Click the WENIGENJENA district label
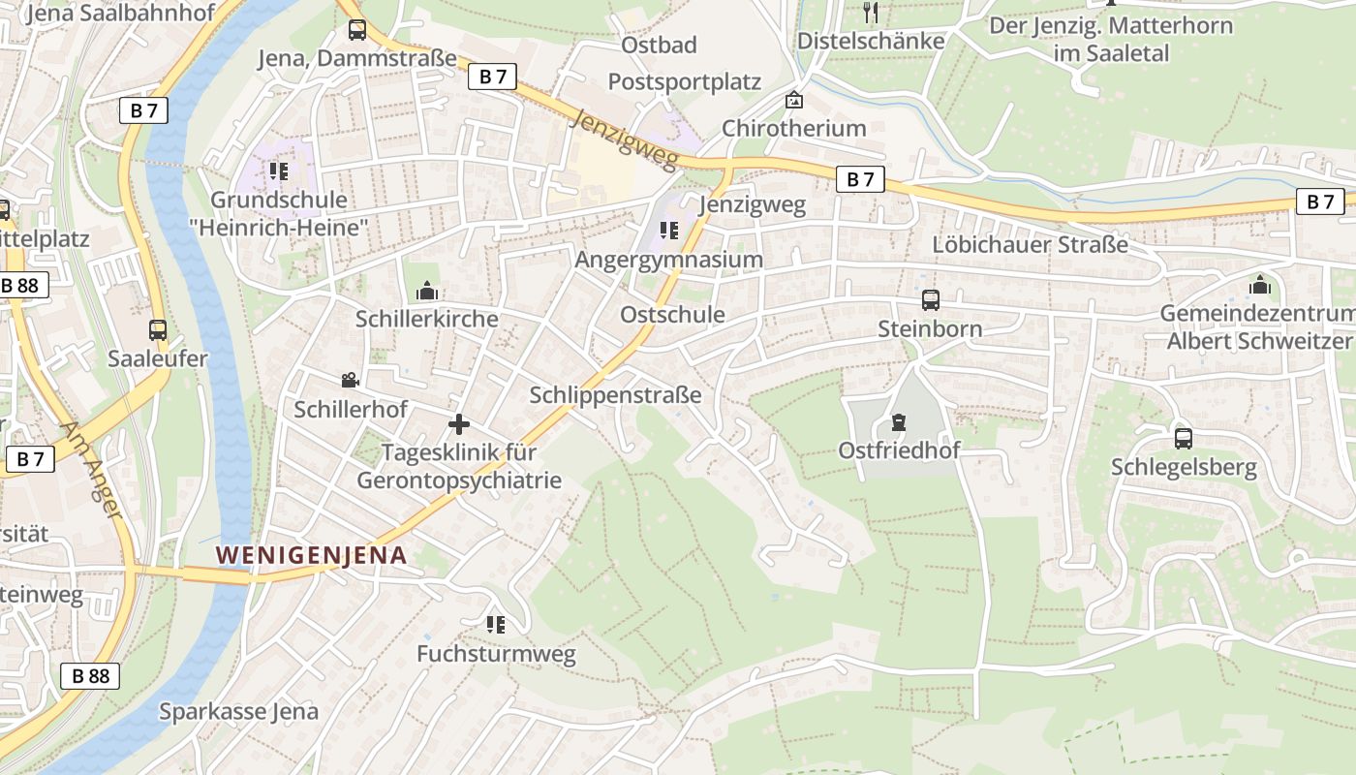tap(311, 555)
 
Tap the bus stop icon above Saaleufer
tap(158, 329)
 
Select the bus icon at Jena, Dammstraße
tap(357, 30)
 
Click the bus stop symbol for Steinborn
tap(930, 300)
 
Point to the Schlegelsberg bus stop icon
tap(1183, 439)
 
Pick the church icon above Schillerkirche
tap(426, 290)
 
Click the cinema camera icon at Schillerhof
tap(350, 381)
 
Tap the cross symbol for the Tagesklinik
tap(459, 424)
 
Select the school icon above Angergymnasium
tap(668, 231)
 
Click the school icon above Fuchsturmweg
tap(496, 625)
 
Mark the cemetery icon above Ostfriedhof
tap(899, 422)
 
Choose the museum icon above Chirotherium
tap(794, 100)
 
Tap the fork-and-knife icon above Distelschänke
tap(870, 13)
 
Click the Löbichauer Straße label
tap(1030, 244)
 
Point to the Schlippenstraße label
tap(615, 395)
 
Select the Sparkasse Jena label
tap(238, 712)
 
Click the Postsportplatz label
tap(684, 81)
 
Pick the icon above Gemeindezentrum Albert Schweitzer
tap(1259, 285)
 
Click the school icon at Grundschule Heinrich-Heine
tap(279, 172)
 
